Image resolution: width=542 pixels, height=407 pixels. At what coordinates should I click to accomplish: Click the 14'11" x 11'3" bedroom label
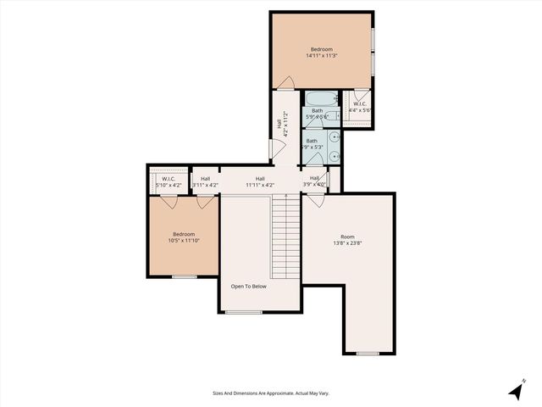tap(322, 53)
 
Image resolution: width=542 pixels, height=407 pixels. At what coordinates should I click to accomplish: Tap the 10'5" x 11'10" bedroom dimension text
tap(184, 237)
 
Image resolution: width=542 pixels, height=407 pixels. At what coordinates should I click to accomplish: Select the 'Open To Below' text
tap(249, 287)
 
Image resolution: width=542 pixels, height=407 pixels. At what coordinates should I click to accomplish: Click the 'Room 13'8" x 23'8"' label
tap(347, 240)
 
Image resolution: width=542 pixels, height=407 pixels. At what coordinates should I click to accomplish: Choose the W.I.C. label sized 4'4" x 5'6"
tap(360, 107)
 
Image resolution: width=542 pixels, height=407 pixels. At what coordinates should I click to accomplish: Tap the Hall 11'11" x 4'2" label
tap(260, 181)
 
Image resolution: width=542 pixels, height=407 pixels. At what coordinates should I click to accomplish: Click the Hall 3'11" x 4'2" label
tap(205, 181)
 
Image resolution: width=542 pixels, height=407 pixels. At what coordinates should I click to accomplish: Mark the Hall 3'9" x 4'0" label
tap(315, 181)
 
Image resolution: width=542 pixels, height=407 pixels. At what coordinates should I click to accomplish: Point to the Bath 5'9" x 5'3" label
tap(312, 144)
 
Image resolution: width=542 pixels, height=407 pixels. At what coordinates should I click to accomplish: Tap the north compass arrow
tap(516, 391)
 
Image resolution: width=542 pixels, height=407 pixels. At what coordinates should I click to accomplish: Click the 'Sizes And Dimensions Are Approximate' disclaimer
tap(270, 393)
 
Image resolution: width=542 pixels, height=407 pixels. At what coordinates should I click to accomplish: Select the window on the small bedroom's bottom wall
tap(184, 276)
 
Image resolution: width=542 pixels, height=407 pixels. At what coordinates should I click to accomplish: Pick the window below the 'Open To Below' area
tap(243, 312)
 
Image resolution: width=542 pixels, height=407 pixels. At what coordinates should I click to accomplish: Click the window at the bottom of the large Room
tap(368, 353)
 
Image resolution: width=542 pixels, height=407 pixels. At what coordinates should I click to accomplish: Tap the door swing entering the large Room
tap(315, 201)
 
